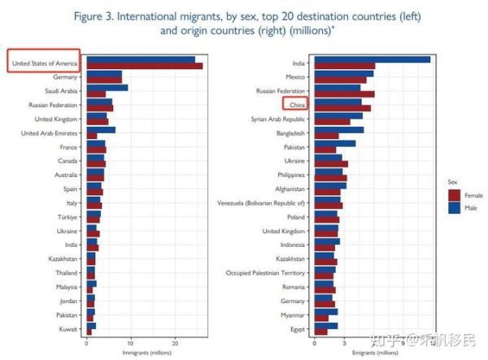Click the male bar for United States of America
140,59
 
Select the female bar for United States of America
144,66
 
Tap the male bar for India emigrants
372,59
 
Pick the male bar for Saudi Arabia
107,87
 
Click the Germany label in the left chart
65,76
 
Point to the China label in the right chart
295,105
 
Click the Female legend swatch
454,196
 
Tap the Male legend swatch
454,208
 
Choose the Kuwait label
68,328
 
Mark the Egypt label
297,328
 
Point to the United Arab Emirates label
49,132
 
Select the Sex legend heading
452,181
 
